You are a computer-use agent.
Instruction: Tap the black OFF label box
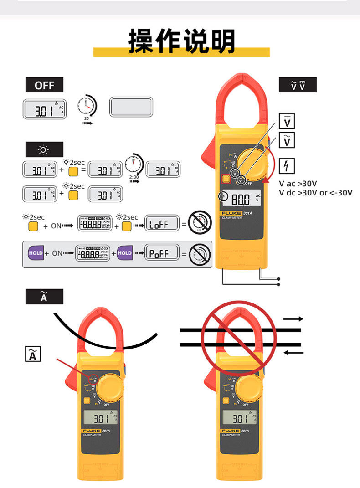pos(44,85)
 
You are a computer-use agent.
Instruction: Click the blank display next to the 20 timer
pos(131,107)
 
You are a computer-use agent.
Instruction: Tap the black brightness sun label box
pos(44,149)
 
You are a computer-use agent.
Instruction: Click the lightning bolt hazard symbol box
pos(286,166)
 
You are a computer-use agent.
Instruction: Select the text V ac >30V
pos(298,184)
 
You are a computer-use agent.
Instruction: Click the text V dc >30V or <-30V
pos(315,193)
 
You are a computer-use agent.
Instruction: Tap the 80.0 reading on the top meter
pos(241,199)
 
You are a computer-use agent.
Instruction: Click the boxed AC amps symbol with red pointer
pos(33,354)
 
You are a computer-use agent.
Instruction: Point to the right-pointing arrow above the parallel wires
pos(293,319)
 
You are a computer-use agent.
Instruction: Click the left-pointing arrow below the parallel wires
pos(293,352)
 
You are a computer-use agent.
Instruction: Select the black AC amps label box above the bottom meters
pos(44,297)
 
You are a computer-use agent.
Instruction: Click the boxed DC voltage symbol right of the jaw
pos(287,122)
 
